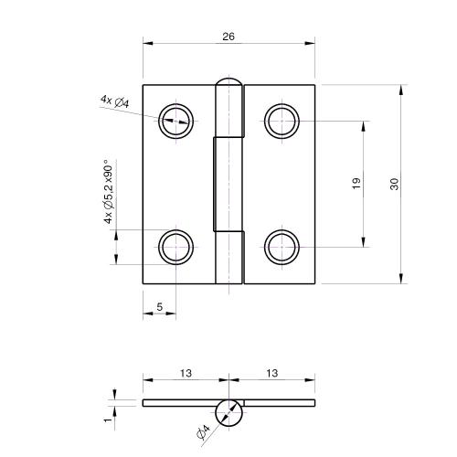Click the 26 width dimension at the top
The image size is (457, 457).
[x=229, y=37]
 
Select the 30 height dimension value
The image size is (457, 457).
[x=393, y=184]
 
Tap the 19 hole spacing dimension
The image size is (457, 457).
[x=356, y=184]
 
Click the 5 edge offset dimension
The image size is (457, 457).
[x=160, y=308]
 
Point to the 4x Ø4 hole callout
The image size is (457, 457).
[x=114, y=101]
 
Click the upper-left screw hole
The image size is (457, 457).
[x=176, y=119]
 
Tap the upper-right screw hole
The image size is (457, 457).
[x=282, y=119]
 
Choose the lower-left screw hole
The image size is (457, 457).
[x=176, y=247]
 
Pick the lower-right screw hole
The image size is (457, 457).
[x=282, y=247]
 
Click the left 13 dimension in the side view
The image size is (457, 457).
[x=186, y=373]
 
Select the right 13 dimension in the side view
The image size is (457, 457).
[x=273, y=373]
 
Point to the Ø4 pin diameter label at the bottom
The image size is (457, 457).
[x=203, y=431]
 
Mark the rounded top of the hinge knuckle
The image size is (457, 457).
[x=229, y=84]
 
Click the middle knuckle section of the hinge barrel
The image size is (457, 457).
[x=229, y=184]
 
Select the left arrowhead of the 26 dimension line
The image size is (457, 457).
[x=147, y=44]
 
